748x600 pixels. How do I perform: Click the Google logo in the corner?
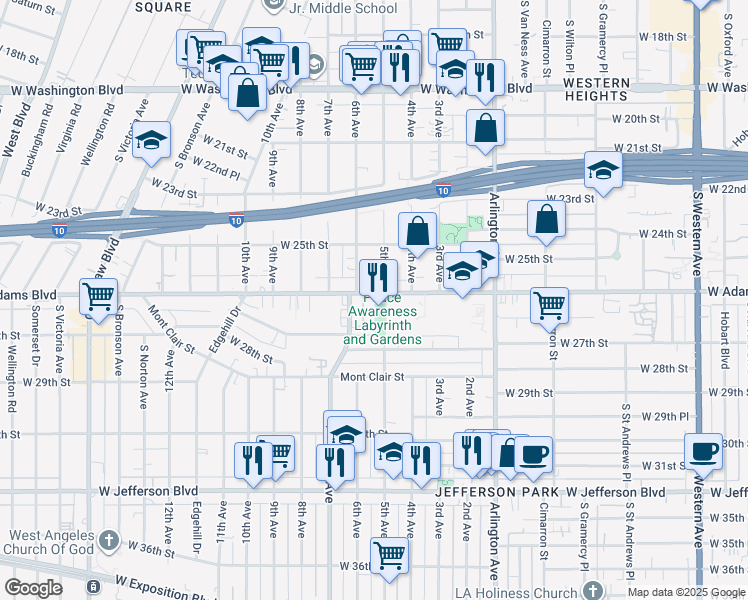point(33,588)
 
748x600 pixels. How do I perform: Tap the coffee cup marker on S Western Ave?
point(703,451)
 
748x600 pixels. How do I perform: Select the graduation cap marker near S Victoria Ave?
point(152,140)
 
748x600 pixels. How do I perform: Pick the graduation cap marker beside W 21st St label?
point(603,170)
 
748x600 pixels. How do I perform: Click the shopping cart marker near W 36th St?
point(389,555)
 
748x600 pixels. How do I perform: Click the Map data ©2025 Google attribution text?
point(685,592)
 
